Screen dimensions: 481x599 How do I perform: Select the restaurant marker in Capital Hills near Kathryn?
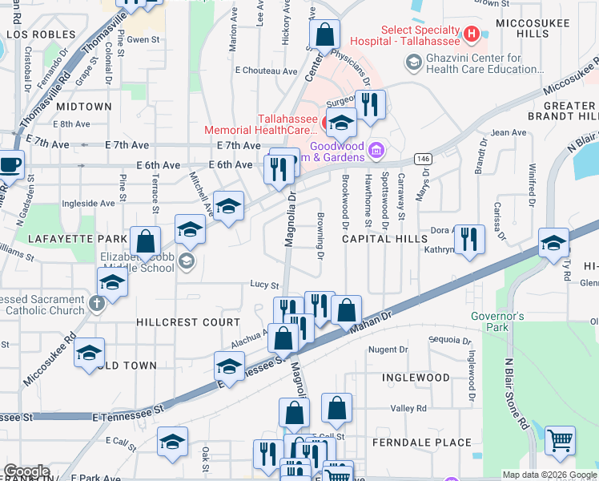(469, 238)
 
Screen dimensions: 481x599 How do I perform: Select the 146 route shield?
(423, 159)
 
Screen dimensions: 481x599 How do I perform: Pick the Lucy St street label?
(263, 285)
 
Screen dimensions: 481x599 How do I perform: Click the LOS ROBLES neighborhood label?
(42, 35)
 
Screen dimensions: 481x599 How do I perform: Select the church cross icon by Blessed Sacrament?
(96, 303)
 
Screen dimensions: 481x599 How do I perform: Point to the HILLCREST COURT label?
(189, 322)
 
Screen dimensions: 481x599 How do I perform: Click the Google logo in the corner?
(26, 471)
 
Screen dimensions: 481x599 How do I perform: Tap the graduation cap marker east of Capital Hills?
(553, 242)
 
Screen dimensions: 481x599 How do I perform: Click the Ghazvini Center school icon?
(413, 62)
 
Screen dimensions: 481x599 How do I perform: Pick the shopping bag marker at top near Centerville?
(324, 34)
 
